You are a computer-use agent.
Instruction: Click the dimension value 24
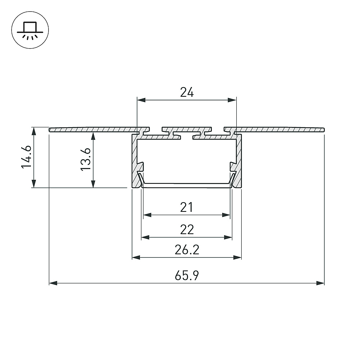[187, 92]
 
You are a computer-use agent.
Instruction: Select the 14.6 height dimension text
[26, 157]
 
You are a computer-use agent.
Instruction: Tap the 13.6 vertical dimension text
[86, 159]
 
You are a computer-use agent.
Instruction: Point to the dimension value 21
[186, 207]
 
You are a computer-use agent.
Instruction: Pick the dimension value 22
[187, 229]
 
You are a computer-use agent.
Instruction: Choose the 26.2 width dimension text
[187, 250]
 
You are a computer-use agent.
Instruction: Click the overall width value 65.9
[187, 275]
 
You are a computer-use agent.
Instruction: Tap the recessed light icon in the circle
[30, 30]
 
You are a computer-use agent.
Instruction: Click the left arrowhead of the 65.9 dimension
[53, 283]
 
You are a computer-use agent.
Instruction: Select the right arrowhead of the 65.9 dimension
[320, 283]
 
